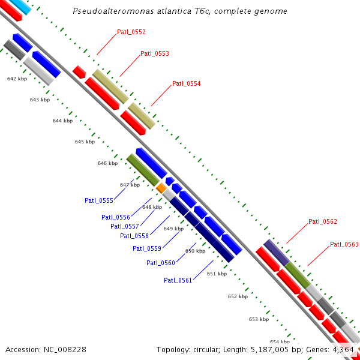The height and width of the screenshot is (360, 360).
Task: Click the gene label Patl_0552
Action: pos(131,32)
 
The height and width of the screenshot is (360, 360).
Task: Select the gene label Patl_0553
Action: pos(154,53)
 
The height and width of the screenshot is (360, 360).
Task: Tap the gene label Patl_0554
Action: pos(186,83)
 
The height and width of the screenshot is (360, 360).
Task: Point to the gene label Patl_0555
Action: pos(98,200)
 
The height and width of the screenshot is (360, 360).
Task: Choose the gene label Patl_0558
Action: pos(134,236)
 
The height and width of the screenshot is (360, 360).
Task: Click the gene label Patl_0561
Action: pos(178,280)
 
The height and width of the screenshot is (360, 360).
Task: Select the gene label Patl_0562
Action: pos(322,221)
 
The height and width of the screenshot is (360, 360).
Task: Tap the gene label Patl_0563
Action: pos(344,244)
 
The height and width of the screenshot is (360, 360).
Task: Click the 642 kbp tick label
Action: pos(17,79)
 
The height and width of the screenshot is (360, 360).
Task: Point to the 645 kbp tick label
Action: pos(85,142)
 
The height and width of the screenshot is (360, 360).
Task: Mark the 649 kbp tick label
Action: pos(173,229)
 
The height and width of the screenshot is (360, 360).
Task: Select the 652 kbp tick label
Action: pos(238,296)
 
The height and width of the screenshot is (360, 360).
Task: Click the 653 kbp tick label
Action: pos(259,319)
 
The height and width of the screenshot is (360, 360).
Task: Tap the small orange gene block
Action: pos(161,188)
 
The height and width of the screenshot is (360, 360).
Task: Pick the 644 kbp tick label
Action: pos(62,121)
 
